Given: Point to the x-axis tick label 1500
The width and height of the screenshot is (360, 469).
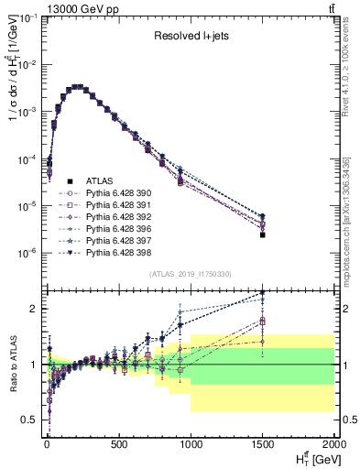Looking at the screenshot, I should click(263, 444).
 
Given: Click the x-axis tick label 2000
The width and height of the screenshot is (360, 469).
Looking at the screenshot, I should click(334, 444).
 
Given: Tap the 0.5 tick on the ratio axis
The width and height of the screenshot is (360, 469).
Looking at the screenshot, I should click(30, 420).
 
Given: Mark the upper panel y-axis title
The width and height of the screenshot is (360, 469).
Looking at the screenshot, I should click(12, 92).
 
